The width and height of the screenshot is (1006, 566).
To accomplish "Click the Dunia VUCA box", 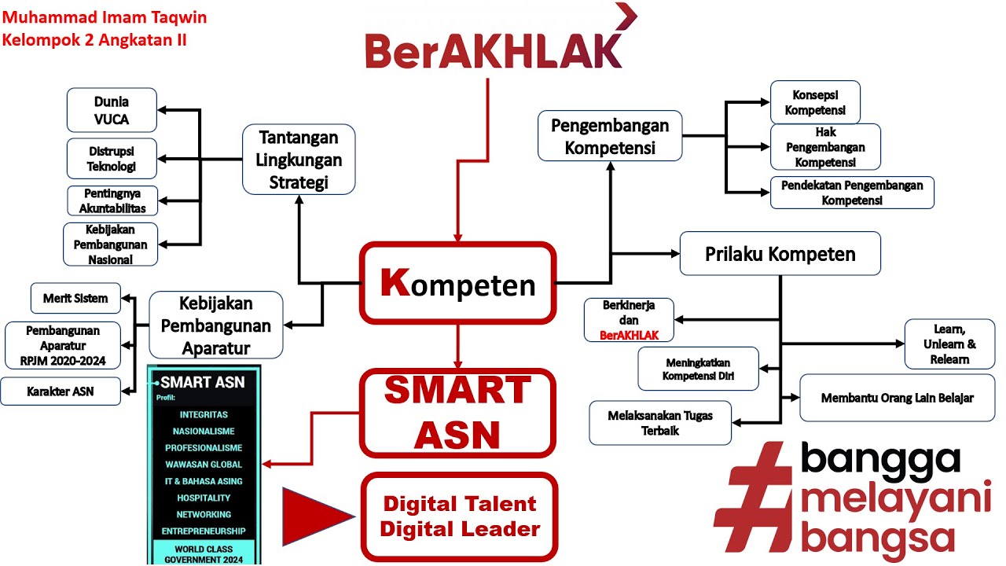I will click(112, 110).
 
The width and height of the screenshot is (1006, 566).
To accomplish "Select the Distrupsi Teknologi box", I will click(112, 158).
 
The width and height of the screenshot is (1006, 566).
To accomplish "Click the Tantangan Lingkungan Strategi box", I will click(299, 160).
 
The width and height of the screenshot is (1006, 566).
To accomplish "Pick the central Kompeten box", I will click(458, 283).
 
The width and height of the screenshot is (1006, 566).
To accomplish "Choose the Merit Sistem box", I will click(75, 299).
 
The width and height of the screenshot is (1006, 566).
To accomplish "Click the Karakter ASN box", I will click(61, 391).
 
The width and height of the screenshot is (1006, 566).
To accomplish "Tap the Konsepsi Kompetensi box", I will click(815, 102).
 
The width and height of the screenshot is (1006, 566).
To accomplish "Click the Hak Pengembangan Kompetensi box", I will click(825, 147).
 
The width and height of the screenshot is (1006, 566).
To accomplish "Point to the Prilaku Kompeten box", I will click(780, 254).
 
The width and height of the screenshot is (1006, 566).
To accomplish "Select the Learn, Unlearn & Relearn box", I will click(949, 344).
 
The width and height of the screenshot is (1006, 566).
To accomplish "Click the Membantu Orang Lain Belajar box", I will click(897, 398).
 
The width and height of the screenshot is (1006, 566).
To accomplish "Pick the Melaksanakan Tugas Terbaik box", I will click(660, 423).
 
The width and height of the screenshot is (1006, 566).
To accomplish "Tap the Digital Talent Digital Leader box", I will click(459, 516).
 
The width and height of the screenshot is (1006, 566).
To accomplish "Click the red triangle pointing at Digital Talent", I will click(314, 516).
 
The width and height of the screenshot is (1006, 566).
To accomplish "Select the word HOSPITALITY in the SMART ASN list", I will click(204, 498).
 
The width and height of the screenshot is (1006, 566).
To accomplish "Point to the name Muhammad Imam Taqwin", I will click(105, 17).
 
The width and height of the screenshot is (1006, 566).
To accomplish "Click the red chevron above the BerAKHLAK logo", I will click(626, 17).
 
